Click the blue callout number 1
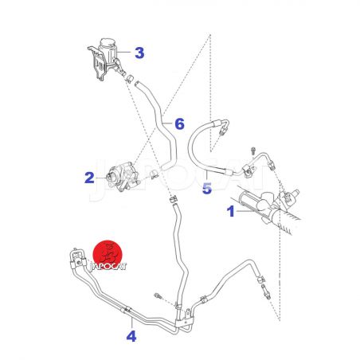(231, 211)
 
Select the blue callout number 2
(89, 178)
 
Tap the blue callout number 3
(139, 53)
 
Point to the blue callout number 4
(131, 336)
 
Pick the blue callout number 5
(207, 188)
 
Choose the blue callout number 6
(179, 124)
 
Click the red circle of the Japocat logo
(108, 253)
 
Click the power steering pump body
(122, 177)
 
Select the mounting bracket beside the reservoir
(97, 63)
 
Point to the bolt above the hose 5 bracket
(252, 151)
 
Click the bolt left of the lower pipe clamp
(158, 295)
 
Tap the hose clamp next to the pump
(154, 174)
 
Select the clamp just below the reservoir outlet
(129, 79)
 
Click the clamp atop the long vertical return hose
(174, 199)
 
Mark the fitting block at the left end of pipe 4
(77, 259)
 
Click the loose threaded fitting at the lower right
(266, 292)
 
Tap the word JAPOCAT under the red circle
(108, 266)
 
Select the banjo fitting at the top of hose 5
(222, 127)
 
